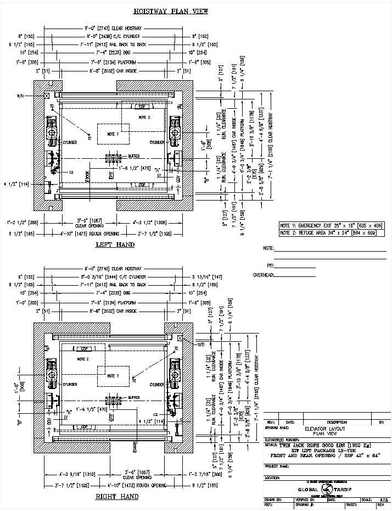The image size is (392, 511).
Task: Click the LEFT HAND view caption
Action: [x=115, y=245]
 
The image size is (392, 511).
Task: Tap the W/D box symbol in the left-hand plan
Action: [x=47, y=96]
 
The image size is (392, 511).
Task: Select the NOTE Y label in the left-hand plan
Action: [x=113, y=135]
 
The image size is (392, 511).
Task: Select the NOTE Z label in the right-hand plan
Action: [x=83, y=359]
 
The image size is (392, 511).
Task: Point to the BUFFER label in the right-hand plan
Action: [x=134, y=397]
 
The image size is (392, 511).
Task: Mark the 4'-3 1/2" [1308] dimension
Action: [x=149, y=223]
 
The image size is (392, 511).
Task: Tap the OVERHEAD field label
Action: [x=262, y=275]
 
